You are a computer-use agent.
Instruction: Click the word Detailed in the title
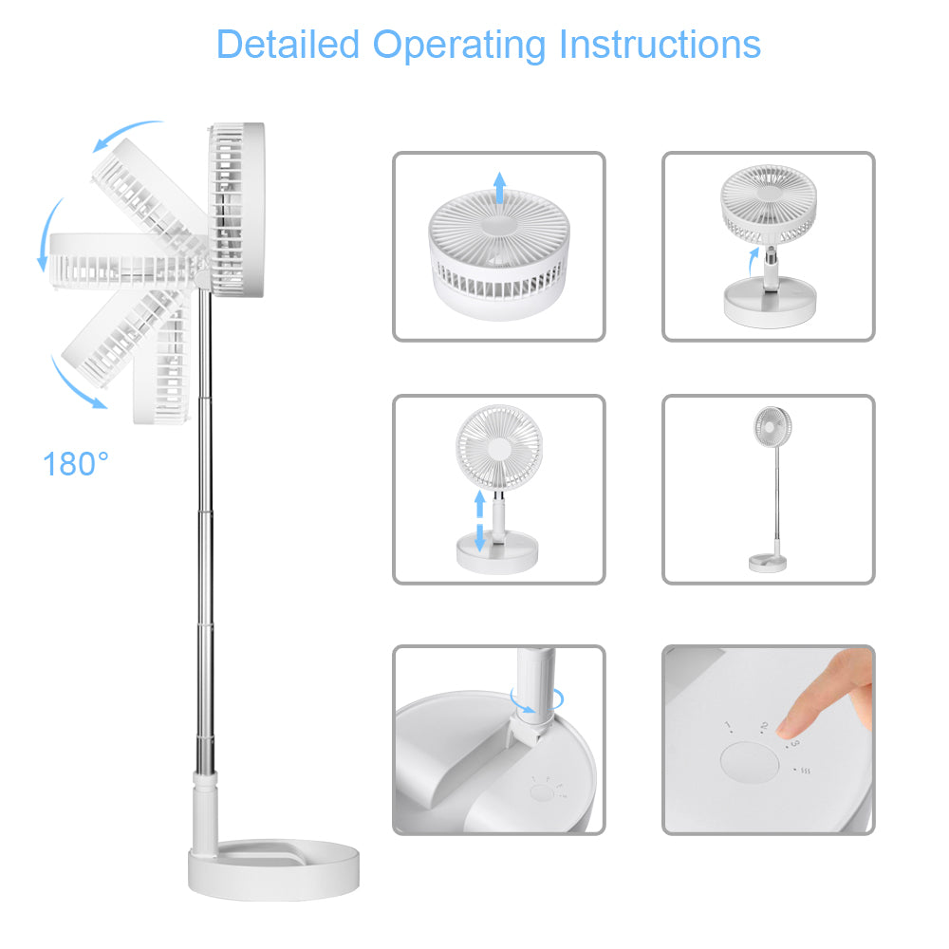click(x=288, y=45)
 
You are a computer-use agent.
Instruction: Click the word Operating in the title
click(x=460, y=45)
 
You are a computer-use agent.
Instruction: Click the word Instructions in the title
click(x=660, y=45)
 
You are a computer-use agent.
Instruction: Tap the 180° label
click(x=76, y=465)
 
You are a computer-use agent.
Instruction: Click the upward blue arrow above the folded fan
click(x=499, y=189)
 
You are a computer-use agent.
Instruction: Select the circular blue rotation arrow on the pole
click(x=535, y=700)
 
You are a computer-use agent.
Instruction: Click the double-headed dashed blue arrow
click(x=479, y=521)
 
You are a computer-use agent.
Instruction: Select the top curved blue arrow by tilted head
click(x=128, y=134)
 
